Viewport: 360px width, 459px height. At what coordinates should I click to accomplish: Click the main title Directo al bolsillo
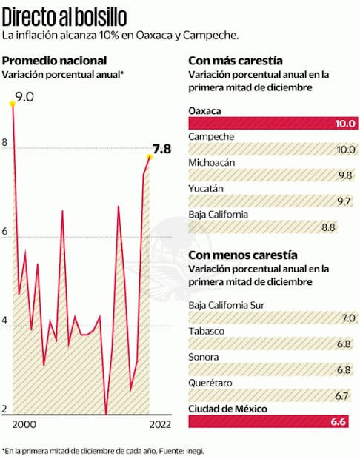64,16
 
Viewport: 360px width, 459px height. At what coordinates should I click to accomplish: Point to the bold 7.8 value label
161,148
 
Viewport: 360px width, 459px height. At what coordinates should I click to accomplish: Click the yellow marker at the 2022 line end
150,157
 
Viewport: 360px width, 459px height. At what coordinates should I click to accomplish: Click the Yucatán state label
206,189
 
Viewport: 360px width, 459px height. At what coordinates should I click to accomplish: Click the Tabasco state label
207,331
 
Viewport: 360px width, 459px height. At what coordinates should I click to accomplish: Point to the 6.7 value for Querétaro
341,395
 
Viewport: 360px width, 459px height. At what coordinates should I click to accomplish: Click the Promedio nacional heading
55,60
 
